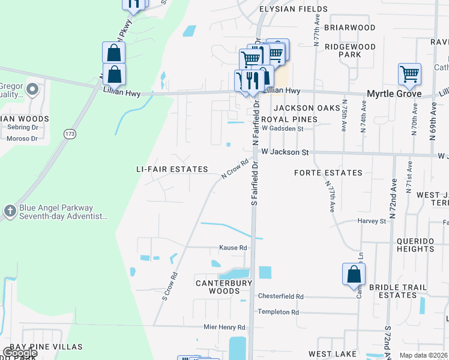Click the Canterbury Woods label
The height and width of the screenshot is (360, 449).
(218, 286)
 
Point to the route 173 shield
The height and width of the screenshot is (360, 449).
(70, 134)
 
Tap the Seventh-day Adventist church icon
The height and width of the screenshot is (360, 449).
(9, 211)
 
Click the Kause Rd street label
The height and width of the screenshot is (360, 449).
(233, 247)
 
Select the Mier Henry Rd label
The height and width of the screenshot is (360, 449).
(224, 327)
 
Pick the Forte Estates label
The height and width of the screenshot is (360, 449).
(328, 173)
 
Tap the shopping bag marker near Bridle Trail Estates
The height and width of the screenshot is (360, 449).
(354, 274)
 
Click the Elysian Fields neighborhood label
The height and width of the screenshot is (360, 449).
(293, 9)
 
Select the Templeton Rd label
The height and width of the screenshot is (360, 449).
(278, 312)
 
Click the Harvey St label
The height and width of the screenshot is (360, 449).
(372, 221)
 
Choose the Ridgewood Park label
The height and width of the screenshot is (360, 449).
(350, 50)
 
